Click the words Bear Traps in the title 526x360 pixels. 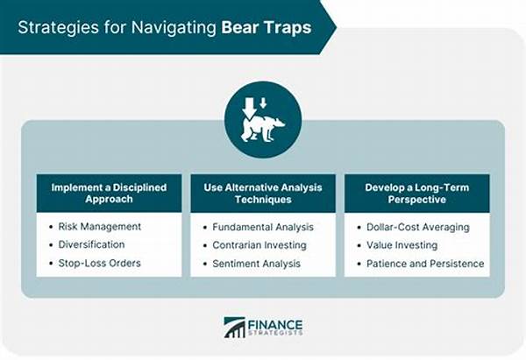tap(267, 27)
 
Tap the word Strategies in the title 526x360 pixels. tap(59, 28)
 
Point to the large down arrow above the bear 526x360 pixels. tap(249, 108)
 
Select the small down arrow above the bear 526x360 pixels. tap(263, 102)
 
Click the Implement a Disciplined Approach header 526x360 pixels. tap(109, 193)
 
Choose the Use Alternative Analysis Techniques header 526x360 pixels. tap(263, 194)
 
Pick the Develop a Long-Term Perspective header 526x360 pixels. tap(417, 194)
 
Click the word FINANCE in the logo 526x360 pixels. tap(275, 325)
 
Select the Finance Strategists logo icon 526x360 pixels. tap(234, 327)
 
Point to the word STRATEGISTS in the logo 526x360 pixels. tap(275, 333)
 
